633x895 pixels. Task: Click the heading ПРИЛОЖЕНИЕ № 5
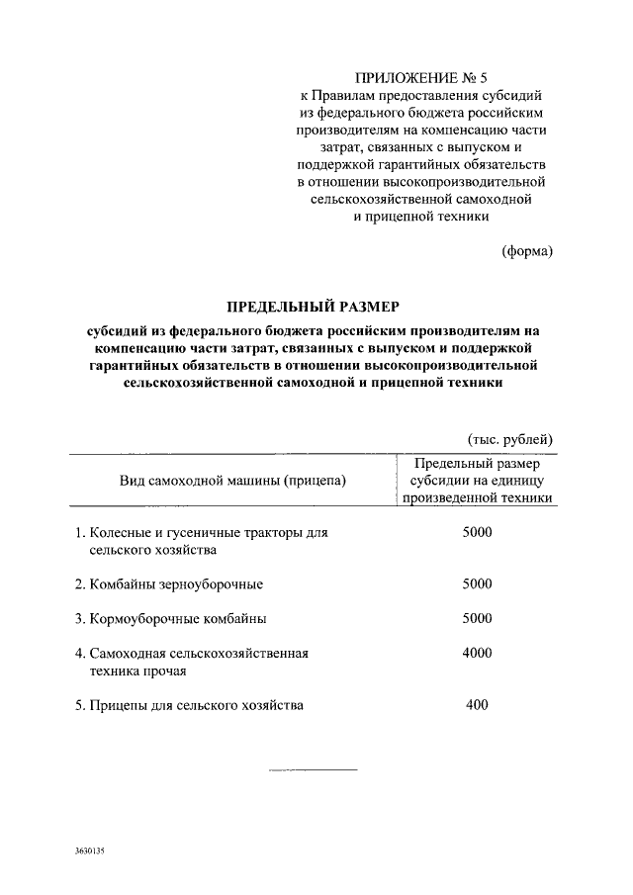[422, 76]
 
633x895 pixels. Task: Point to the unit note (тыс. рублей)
[509, 440]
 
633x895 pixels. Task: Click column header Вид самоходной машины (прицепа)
[233, 482]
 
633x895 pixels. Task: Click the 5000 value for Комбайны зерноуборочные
[477, 583]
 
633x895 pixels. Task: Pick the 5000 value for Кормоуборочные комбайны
[477, 619]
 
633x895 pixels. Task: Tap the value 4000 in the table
[477, 654]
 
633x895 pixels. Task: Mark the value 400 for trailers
[477, 705]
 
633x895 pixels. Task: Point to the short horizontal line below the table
[313, 769]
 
